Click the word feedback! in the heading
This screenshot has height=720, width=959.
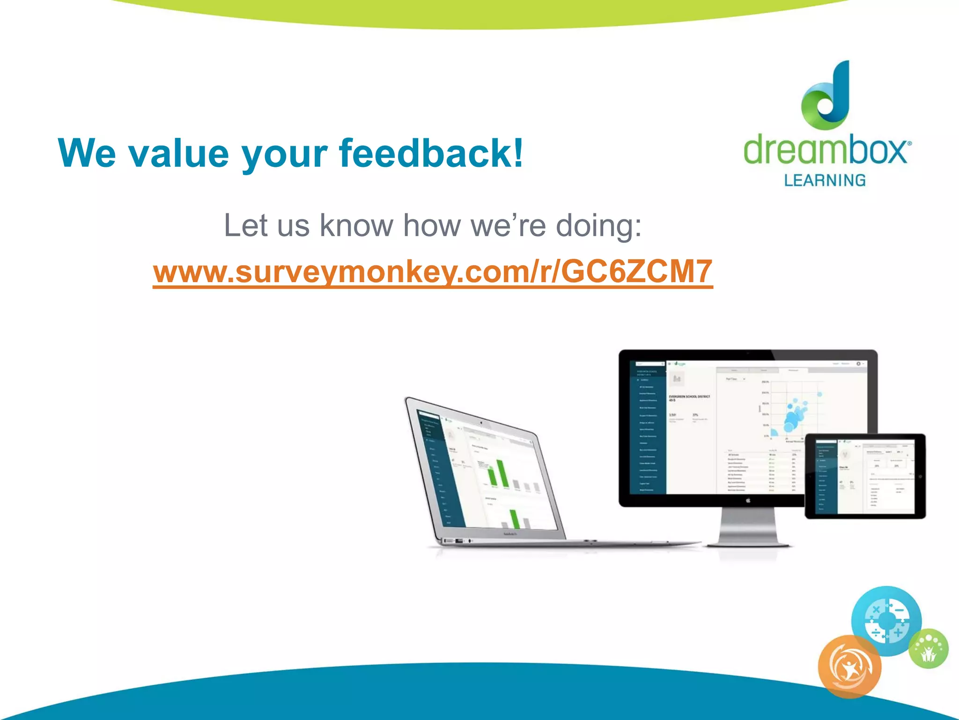431,154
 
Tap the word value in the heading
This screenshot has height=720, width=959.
178,154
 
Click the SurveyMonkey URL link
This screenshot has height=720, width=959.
433,272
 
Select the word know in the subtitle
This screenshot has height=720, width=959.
356,226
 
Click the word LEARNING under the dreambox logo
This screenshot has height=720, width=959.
825,180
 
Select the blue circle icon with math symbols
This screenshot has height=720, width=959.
886,621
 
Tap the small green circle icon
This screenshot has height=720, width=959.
929,649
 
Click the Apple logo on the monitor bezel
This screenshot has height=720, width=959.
748,501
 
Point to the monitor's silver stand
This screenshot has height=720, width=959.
748,527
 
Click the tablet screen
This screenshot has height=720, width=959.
865,476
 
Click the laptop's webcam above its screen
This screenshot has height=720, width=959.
481,423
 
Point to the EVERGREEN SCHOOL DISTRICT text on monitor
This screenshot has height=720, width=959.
689,397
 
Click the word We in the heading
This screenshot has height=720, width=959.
87,154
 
